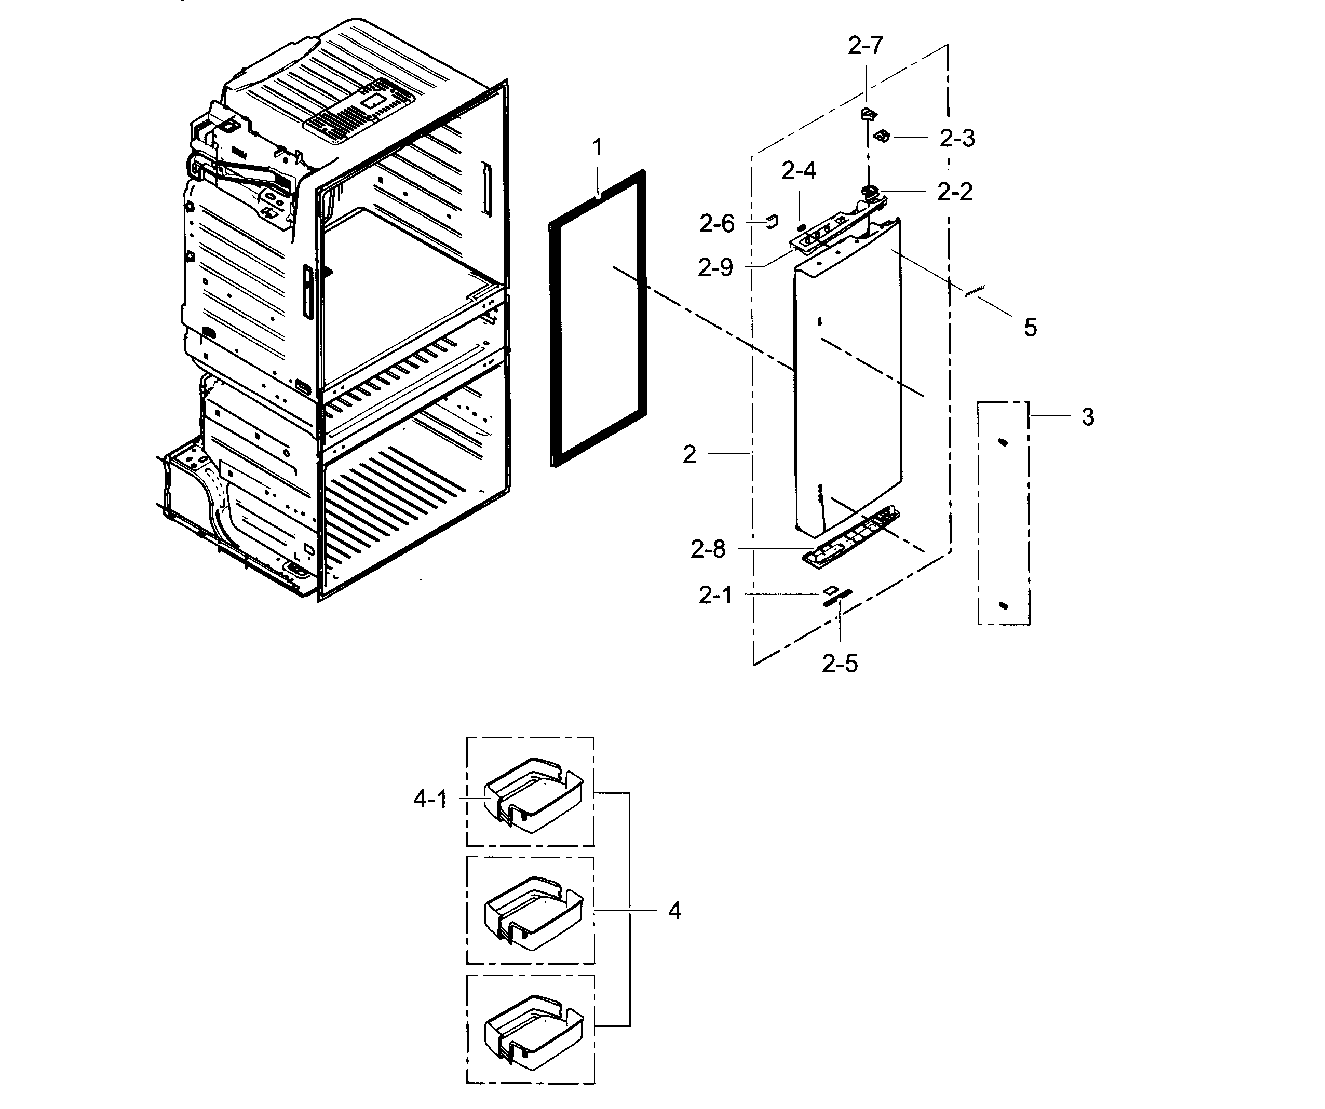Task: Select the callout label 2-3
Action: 956,138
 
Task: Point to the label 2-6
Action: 717,224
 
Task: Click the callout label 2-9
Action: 715,268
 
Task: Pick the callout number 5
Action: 1030,328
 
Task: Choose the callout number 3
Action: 1088,417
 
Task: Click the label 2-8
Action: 708,549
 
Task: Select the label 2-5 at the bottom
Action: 840,664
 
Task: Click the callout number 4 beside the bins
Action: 674,911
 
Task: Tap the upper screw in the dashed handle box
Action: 1003,443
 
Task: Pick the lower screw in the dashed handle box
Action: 1004,606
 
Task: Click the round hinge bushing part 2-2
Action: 871,190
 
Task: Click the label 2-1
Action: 715,595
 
